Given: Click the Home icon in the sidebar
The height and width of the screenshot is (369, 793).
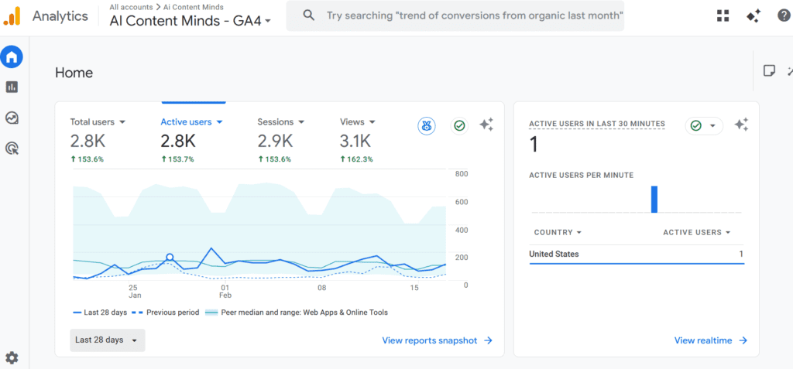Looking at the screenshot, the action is [11, 56].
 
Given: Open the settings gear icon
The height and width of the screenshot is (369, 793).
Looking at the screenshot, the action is [12, 358].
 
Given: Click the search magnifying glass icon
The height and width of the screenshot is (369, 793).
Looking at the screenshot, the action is [308, 15].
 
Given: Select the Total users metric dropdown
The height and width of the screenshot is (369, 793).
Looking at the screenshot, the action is [98, 121].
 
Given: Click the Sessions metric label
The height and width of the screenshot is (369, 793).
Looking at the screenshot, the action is [275, 121].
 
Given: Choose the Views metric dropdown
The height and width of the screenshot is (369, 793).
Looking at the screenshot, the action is [358, 121].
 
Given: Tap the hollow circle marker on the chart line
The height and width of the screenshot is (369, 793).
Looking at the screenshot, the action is [170, 258].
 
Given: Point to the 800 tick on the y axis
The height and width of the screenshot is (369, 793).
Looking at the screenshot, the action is [462, 174].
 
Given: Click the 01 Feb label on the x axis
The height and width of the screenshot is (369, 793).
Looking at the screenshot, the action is [225, 291].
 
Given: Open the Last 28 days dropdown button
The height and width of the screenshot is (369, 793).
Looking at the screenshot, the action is [107, 340].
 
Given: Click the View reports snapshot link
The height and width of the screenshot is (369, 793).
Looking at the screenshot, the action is [437, 340].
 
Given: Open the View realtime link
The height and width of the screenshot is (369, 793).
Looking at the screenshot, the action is [711, 340].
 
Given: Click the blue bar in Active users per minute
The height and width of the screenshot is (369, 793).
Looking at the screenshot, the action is [654, 199].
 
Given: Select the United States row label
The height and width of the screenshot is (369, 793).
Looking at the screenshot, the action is [554, 254].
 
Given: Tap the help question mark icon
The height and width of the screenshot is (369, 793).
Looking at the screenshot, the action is [784, 15].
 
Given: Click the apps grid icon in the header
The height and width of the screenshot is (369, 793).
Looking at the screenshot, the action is [723, 15].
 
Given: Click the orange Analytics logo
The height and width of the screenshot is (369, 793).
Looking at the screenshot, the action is [12, 16].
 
